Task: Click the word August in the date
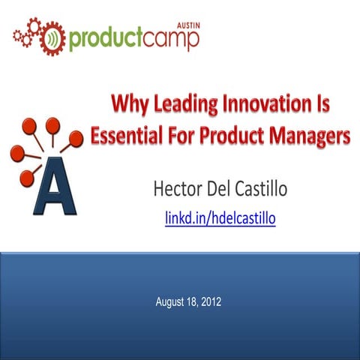pos(171,302)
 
